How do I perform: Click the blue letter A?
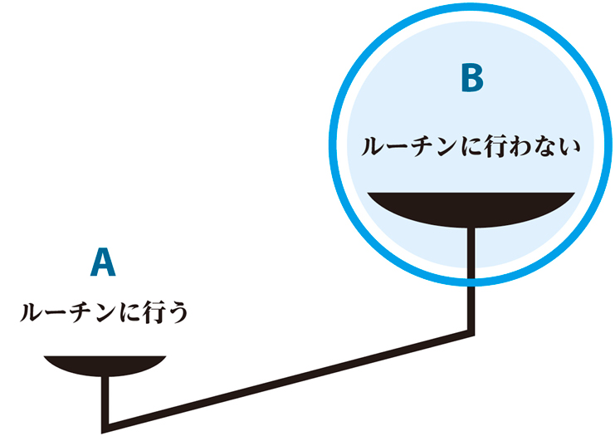[103, 262]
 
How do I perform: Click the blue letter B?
[472, 78]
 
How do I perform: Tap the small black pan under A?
[105, 365]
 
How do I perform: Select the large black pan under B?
[471, 209]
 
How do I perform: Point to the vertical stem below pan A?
[105, 402]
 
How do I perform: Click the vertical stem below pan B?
[471, 281]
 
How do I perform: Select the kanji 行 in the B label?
[497, 147]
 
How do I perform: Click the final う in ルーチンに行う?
[178, 313]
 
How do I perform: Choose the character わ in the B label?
[521, 147]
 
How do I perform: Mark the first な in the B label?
[544, 147]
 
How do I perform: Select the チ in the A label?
[83, 313]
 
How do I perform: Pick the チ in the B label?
[425, 147]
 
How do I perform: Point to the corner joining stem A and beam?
[105, 429]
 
